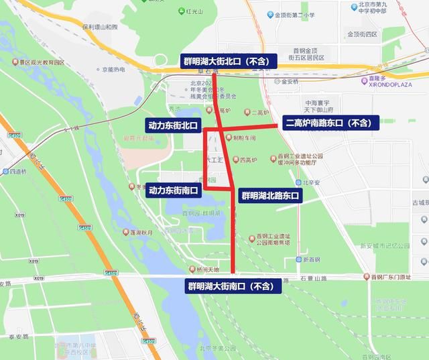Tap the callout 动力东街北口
pyautogui.click(x=174, y=125)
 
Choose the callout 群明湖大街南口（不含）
pyautogui.click(x=231, y=286)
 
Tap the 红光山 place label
pyautogui.click(x=194, y=11)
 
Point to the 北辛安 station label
pyautogui.click(x=312, y=182)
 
